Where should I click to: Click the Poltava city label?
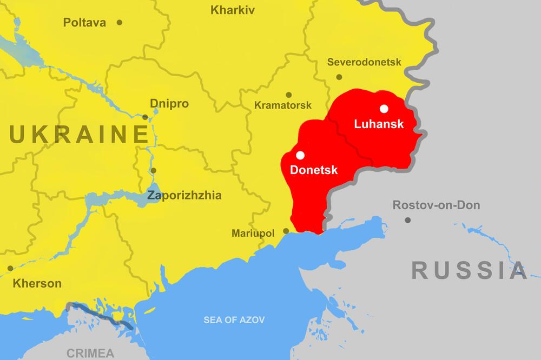pyautogui.click(x=84, y=23)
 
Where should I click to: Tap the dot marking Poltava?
pyautogui.click(x=120, y=23)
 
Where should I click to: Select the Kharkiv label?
pyautogui.click(x=233, y=10)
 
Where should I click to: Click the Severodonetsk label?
pyautogui.click(x=364, y=62)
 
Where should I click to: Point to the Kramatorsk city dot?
pyautogui.click(x=289, y=95)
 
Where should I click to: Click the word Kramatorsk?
pyautogui.click(x=283, y=105)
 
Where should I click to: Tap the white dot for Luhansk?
pyautogui.click(x=384, y=109)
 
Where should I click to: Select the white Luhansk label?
pyautogui.click(x=379, y=124)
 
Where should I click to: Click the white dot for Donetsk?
pyautogui.click(x=300, y=155)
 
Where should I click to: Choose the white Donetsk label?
pyautogui.click(x=314, y=170)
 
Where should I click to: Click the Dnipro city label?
pyautogui.click(x=169, y=103)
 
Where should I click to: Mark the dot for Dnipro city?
pyautogui.click(x=145, y=117)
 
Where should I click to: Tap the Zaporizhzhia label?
pyautogui.click(x=184, y=196)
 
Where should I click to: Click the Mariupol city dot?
pyautogui.click(x=286, y=231)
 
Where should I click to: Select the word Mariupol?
pyautogui.click(x=253, y=234)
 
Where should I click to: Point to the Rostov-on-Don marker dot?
pyautogui.click(x=407, y=220)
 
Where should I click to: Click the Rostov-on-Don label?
pyautogui.click(x=436, y=205)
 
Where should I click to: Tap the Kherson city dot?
pyautogui.click(x=10, y=268)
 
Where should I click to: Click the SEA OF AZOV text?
pyautogui.click(x=234, y=320)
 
